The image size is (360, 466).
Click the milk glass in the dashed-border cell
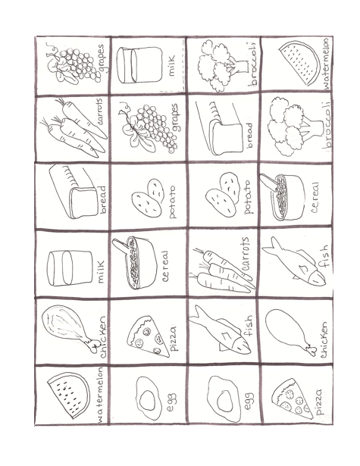(x=139, y=65)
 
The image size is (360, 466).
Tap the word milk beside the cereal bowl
(x=101, y=271)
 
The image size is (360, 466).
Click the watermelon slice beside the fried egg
(x=69, y=394)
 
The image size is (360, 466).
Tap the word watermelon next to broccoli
(x=326, y=64)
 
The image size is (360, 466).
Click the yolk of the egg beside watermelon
(x=147, y=399)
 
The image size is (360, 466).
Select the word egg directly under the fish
(x=249, y=401)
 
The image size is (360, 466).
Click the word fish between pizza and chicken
(x=247, y=325)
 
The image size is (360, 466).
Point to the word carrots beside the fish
(x=246, y=253)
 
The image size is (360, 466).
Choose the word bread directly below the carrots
(x=103, y=199)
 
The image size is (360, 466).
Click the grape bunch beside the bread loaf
(x=148, y=127)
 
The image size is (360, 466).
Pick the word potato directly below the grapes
(x=172, y=202)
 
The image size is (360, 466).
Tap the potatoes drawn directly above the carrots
(x=223, y=193)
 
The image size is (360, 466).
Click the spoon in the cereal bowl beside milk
(x=123, y=246)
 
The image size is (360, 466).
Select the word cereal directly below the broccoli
(x=315, y=197)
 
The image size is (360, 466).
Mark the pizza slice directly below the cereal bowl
(x=148, y=335)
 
